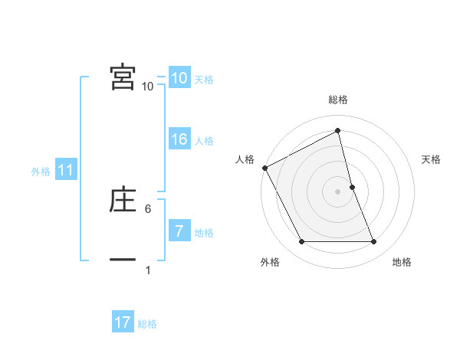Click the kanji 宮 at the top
point(123,77)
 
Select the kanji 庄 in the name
point(123,200)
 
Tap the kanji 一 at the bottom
point(123,260)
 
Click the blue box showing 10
point(179,78)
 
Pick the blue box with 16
point(179,139)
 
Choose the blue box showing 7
point(179,231)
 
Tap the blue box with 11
point(66,171)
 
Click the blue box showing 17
point(122,322)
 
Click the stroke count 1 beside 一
point(148,270)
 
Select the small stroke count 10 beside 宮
point(148,87)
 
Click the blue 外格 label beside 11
point(41,172)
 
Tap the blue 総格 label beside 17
point(147,324)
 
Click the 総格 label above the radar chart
point(338,100)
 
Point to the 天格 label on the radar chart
point(432,159)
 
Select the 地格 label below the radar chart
point(402,263)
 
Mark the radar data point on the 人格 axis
point(264,168)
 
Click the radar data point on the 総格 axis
point(338,131)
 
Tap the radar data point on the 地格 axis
point(374,242)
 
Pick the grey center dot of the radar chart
point(338,191)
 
